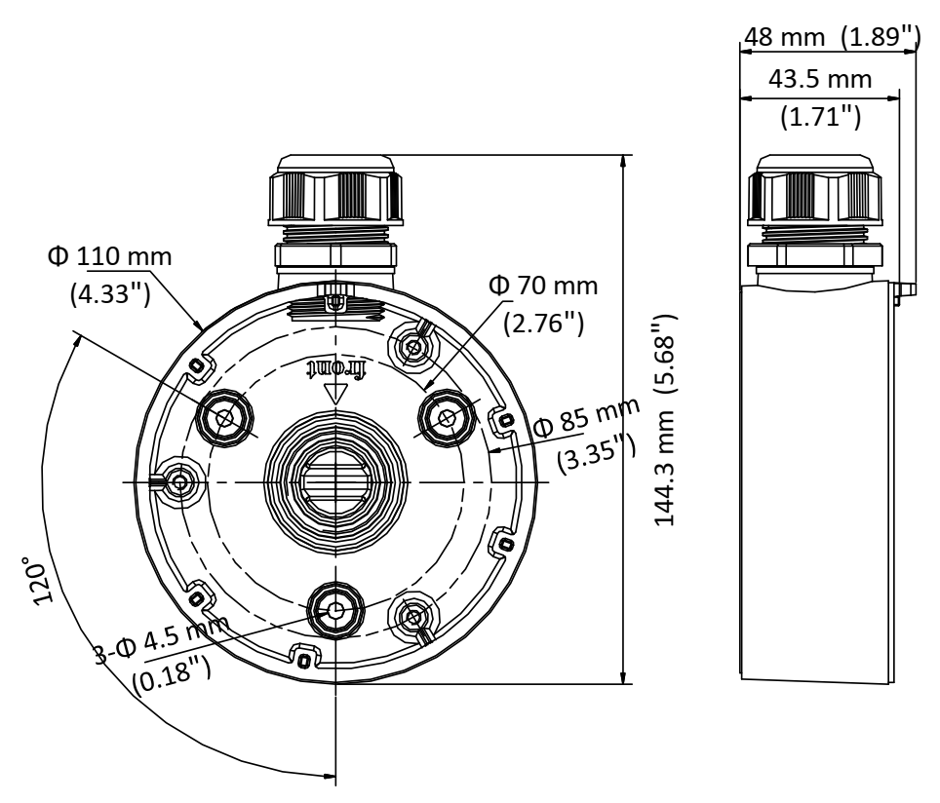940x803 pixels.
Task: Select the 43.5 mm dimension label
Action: (x=820, y=79)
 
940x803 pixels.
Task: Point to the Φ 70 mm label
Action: (x=543, y=286)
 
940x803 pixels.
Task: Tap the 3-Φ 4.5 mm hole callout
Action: (x=163, y=641)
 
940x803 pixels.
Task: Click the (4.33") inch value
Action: (x=109, y=294)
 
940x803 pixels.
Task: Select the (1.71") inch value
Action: (x=821, y=117)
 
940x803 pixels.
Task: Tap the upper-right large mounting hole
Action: (x=447, y=418)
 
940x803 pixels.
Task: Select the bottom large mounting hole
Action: (x=335, y=611)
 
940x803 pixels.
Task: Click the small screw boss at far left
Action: (x=178, y=481)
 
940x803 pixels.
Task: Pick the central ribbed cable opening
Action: (x=334, y=481)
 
